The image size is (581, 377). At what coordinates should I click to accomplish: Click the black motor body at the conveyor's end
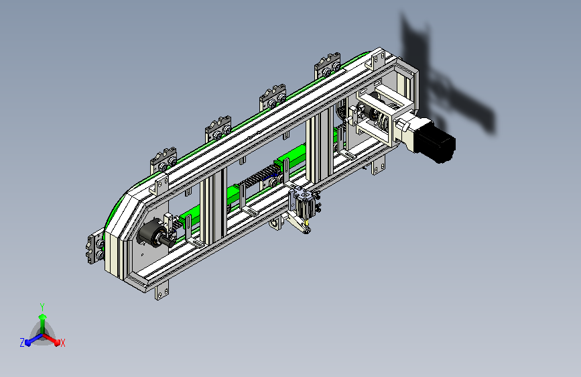[x=434, y=141]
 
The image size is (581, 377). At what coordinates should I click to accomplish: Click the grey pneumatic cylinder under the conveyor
[x=306, y=203]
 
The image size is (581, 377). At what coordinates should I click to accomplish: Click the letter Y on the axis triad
[x=42, y=307]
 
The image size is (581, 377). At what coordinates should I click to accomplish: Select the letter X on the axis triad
[x=62, y=343]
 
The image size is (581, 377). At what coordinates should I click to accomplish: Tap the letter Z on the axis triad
[x=22, y=343]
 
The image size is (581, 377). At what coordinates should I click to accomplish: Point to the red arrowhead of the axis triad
[x=57, y=343]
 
